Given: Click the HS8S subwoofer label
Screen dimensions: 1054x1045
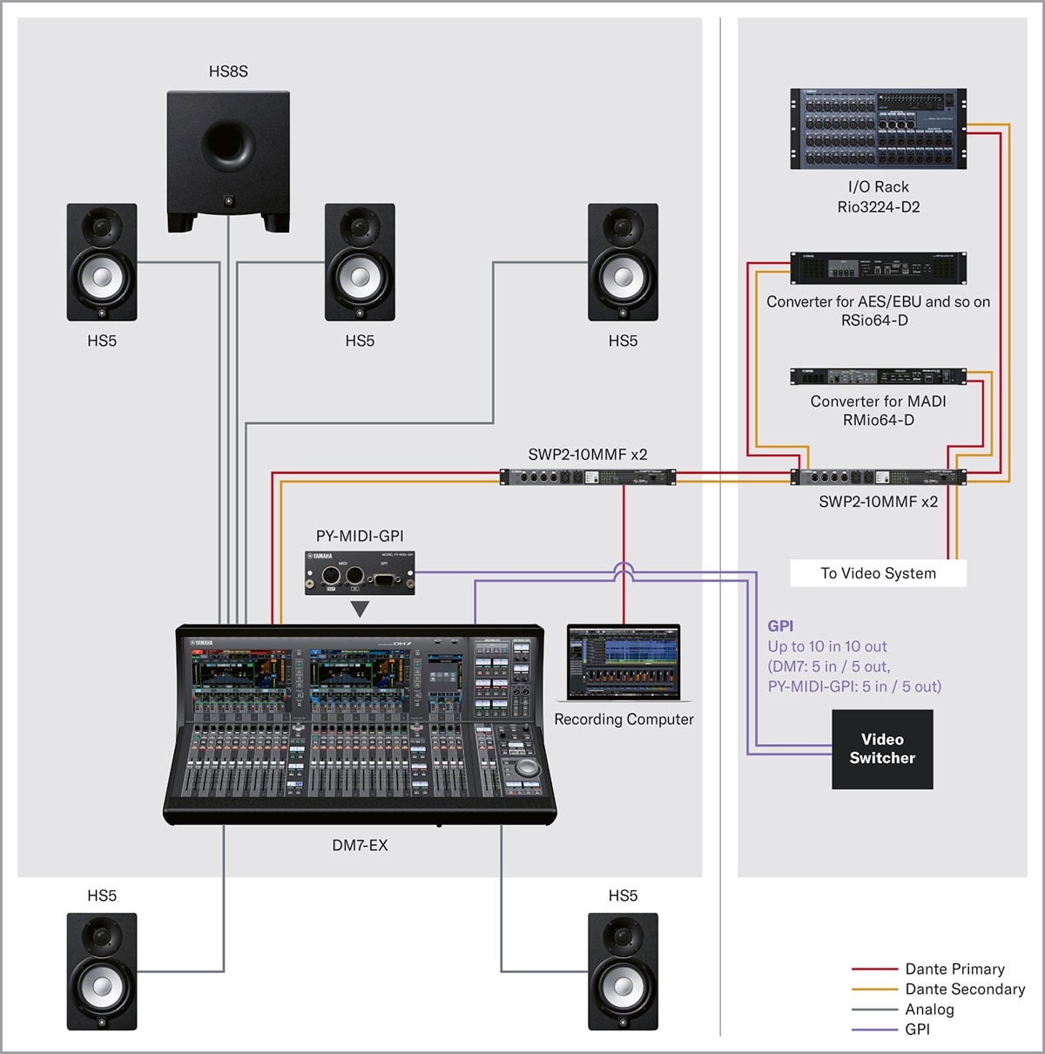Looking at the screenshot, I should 228,71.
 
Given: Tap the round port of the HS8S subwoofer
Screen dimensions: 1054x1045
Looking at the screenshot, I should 228,144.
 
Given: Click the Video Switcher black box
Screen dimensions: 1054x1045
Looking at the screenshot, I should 882,749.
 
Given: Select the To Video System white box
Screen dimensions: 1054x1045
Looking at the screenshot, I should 878,573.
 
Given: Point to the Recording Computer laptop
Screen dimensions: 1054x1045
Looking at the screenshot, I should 624,663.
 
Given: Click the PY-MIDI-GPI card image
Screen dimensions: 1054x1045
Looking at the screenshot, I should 360,573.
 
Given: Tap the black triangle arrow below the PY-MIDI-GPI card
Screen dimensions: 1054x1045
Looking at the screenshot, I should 360,609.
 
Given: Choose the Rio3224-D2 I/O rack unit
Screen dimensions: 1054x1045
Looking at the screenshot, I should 878,129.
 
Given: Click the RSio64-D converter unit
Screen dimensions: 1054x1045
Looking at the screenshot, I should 878,268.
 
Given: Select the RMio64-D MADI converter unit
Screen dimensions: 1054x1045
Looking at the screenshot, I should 878,376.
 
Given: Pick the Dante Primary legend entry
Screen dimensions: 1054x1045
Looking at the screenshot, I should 954,969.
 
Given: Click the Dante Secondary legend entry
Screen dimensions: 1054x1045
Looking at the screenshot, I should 965,990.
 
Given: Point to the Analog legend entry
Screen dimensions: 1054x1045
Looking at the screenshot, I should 929,1010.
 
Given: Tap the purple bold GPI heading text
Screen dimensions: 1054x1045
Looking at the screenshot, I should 780,625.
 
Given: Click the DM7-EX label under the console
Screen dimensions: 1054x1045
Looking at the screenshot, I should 360,845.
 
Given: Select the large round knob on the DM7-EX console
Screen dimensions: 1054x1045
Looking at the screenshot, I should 526,767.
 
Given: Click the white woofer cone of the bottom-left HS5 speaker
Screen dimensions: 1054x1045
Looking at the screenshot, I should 102,987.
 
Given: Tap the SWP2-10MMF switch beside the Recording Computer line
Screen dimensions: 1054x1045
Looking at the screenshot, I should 588,477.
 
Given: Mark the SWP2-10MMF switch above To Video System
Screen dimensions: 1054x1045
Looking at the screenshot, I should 878,477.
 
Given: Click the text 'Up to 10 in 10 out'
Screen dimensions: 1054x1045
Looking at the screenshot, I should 827,646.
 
